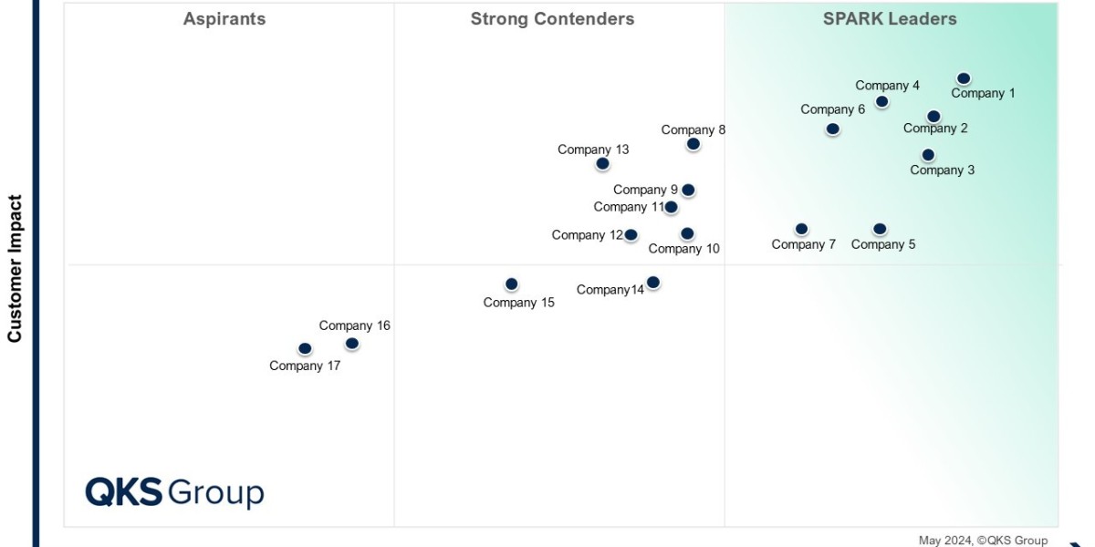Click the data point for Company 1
click(x=964, y=78)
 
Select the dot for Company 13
click(x=602, y=163)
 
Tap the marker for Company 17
click(x=305, y=348)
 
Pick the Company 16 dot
click(x=352, y=344)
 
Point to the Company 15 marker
click(x=511, y=284)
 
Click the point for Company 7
click(x=801, y=229)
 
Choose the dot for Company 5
click(x=880, y=229)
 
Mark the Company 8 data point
click(x=693, y=144)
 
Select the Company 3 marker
click(x=928, y=155)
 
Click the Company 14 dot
click(x=653, y=283)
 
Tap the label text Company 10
click(x=683, y=249)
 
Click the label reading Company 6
click(x=832, y=109)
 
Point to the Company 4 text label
click(x=887, y=86)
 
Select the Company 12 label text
click(x=588, y=235)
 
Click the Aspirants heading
click(x=224, y=19)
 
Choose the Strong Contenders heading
click(x=552, y=19)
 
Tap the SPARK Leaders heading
click(x=890, y=19)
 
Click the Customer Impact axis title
click(x=15, y=269)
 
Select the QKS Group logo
click(x=174, y=492)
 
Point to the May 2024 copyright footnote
click(x=983, y=540)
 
